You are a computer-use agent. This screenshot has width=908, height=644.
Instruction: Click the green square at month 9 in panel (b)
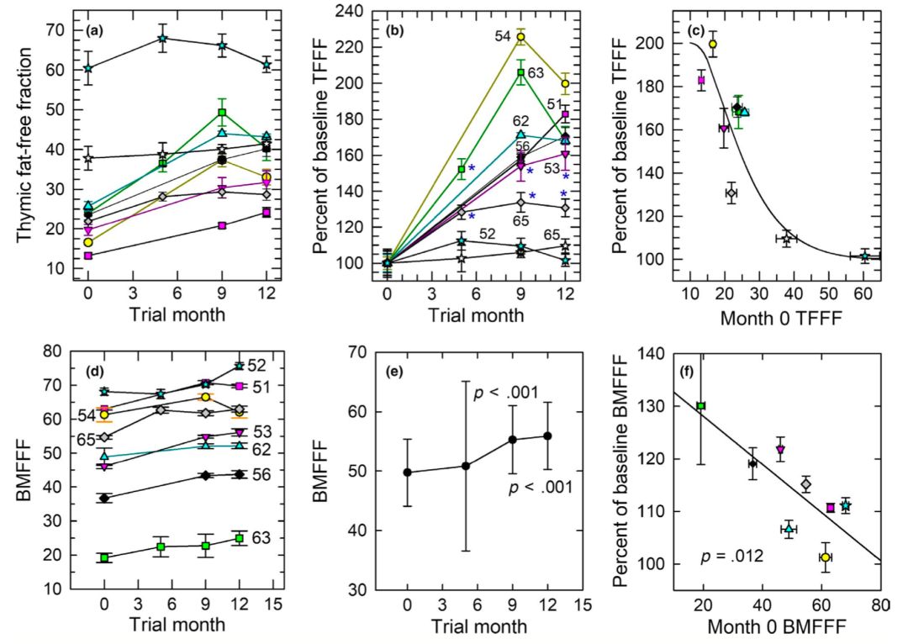(521, 72)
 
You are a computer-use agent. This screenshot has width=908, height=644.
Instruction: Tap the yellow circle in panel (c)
(713, 44)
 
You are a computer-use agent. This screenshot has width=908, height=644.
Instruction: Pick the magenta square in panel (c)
(700, 81)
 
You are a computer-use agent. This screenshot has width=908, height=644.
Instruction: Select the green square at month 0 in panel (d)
(104, 558)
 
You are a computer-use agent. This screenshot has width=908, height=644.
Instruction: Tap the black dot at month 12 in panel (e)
(548, 435)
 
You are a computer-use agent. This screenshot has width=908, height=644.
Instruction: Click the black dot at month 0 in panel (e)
(408, 472)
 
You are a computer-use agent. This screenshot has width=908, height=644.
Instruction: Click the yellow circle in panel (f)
(825, 557)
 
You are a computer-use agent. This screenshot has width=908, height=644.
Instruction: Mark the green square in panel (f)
(700, 406)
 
